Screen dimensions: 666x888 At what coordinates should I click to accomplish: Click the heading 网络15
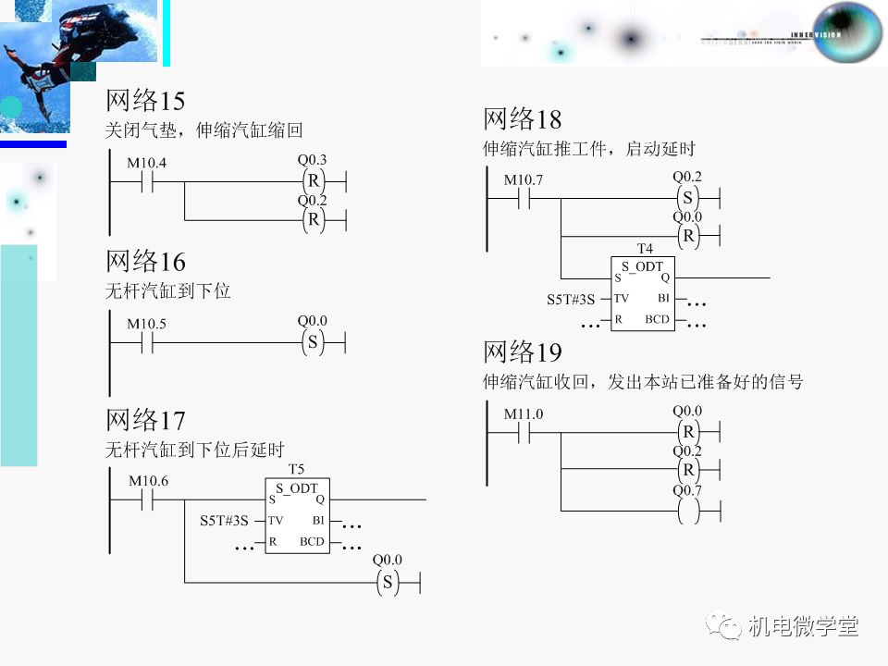coord(145,101)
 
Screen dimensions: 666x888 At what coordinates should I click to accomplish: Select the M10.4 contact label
coord(146,163)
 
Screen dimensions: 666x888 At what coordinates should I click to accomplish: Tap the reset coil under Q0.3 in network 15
coord(313,179)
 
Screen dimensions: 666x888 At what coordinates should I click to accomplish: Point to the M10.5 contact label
coord(147,325)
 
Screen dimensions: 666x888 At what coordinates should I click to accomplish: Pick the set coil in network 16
coord(313,342)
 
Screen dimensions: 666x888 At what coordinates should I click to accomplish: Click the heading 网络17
coord(145,421)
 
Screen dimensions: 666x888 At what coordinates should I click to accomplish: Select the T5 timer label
coord(296,469)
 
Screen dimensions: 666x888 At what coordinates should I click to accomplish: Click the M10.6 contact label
coord(148,481)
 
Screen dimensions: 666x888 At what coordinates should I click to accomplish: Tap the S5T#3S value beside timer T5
coord(225,521)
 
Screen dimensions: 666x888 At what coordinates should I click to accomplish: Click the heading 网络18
coord(522,119)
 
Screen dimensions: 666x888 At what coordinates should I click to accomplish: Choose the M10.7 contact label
coord(524,179)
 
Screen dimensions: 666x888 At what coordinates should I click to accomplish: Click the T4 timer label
coord(645,249)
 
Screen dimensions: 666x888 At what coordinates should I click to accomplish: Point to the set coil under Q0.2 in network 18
coord(687,197)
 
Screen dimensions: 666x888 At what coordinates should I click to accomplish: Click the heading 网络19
coord(522,352)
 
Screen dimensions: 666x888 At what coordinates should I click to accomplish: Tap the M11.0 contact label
coord(524,414)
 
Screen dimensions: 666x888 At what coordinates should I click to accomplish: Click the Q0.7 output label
coord(687,490)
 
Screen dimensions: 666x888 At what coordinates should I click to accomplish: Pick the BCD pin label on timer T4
coord(658,319)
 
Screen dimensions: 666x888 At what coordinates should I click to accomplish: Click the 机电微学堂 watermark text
coord(803,626)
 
